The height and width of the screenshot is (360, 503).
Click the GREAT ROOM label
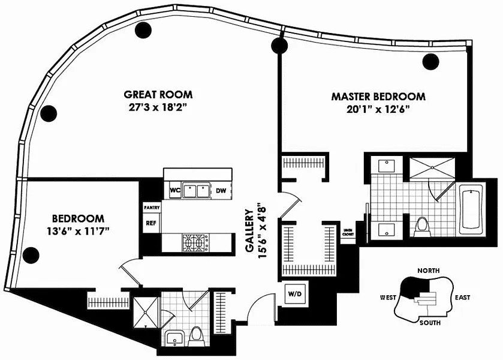pos(158,94)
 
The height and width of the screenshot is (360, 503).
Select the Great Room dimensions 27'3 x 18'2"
pos(158,109)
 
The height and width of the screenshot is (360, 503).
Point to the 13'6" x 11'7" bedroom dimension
pos(79,230)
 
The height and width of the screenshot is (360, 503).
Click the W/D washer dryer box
pos(295,294)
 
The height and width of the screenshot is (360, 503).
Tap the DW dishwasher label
pos(221,190)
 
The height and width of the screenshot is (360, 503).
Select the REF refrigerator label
pos(150,223)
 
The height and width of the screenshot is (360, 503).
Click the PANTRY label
pos(150,207)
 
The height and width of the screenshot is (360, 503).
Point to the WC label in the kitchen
pos(175,190)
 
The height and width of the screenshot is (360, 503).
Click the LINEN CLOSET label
pos(347,233)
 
